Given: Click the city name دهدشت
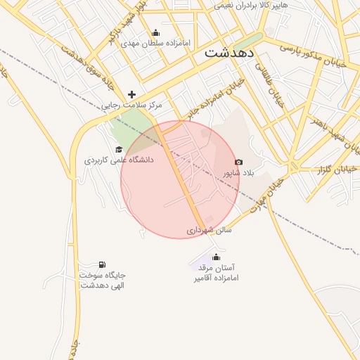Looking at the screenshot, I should click(230, 53).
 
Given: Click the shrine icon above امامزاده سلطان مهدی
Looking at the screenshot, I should click(155, 33).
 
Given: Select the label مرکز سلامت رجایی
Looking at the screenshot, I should click(131, 105).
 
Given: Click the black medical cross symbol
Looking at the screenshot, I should click(131, 94).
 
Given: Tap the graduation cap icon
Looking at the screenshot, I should click(119, 149).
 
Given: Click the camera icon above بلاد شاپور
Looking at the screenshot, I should click(238, 162).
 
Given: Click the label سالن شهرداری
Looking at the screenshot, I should click(209, 229).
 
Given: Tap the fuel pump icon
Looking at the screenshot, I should click(103, 264).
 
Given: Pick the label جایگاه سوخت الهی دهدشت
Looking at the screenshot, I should click(103, 280).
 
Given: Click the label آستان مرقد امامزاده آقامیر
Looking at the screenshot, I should click(217, 273).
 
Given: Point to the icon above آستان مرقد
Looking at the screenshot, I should click(216, 257).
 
